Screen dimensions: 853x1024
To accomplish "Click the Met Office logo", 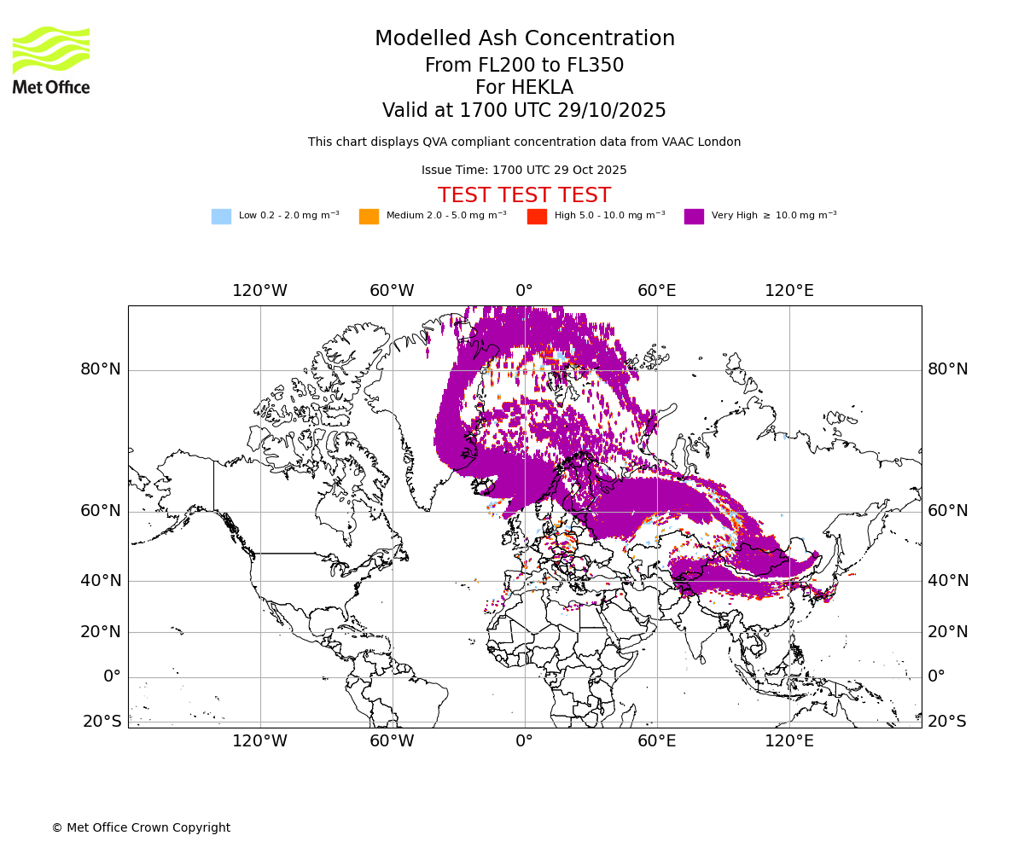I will tap(51, 60).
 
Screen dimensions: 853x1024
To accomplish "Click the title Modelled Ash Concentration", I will tap(524, 39).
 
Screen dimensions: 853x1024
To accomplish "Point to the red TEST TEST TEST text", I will tap(524, 195).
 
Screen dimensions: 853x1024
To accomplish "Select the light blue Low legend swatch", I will tap(221, 217).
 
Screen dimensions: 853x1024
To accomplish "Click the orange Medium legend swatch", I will tap(369, 217).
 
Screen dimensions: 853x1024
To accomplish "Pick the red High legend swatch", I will tap(537, 217).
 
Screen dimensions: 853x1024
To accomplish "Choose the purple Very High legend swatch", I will tap(694, 217).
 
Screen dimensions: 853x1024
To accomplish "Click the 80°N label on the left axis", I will tap(101, 369).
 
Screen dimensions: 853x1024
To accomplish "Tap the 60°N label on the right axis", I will tap(948, 511).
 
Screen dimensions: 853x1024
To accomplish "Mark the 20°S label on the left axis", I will tap(102, 722).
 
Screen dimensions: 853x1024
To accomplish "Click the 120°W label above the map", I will tap(260, 291).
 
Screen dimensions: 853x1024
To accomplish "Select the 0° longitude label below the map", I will tap(524, 741).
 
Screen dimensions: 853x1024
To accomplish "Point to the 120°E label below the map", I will tap(789, 741).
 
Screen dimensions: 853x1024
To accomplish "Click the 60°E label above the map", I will tap(657, 291).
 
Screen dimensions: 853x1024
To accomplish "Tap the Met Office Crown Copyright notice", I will tap(141, 827).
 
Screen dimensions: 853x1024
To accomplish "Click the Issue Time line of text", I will tap(524, 170).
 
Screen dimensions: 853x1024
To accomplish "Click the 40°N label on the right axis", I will tap(948, 581).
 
